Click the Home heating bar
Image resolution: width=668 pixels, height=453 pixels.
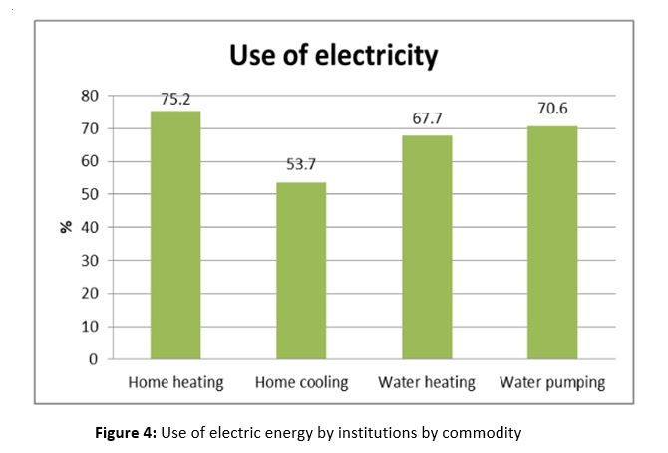click(x=175, y=235)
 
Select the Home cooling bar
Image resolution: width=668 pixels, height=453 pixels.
click(x=301, y=271)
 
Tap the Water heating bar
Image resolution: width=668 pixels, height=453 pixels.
click(x=427, y=247)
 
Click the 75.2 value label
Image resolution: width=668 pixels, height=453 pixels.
click(x=176, y=99)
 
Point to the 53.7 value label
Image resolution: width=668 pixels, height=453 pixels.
click(x=300, y=165)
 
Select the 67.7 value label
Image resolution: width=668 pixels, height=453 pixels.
click(x=427, y=119)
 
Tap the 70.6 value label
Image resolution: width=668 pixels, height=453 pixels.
click(x=552, y=109)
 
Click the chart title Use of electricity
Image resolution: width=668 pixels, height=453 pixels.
click(x=334, y=55)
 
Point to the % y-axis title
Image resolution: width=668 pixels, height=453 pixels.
click(x=66, y=227)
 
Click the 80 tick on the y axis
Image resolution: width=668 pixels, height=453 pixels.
click(x=91, y=96)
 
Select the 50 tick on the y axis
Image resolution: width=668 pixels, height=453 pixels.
click(x=91, y=194)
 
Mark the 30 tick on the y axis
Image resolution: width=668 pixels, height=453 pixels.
click(x=91, y=260)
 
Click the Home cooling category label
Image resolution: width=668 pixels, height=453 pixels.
click(x=301, y=382)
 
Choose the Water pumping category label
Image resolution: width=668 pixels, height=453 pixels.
click(x=552, y=382)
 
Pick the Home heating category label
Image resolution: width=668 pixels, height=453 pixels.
click(x=176, y=382)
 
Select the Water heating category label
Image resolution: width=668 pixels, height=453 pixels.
click(x=427, y=382)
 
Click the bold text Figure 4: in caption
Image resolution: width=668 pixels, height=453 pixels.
click(x=126, y=433)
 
